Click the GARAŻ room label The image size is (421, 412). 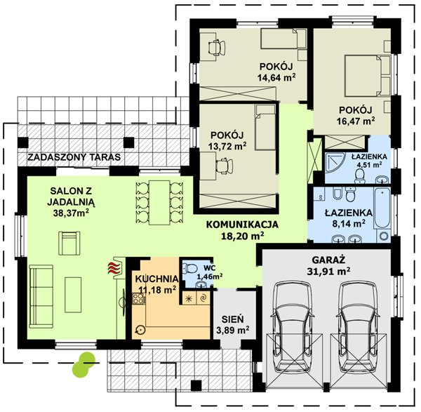pyautogui.click(x=328, y=260)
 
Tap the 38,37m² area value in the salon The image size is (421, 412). pyautogui.click(x=71, y=213)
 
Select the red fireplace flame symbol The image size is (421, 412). pyautogui.click(x=114, y=268)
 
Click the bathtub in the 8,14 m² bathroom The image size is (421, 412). pyautogui.click(x=382, y=208)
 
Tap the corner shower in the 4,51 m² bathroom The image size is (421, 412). pyautogui.click(x=335, y=164)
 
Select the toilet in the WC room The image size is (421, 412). pyautogui.click(x=190, y=268)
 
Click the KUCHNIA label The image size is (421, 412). pyautogui.click(x=156, y=279)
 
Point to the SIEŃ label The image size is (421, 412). pyautogui.click(x=233, y=319)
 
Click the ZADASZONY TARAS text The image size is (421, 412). pyautogui.click(x=74, y=157)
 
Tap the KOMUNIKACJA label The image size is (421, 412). pyautogui.click(x=242, y=225)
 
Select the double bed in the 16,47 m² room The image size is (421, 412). pyautogui.click(x=367, y=76)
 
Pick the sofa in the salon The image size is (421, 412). pyautogui.click(x=41, y=296)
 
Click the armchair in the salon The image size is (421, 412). pyautogui.click(x=69, y=244)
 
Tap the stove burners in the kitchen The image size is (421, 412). pyautogui.click(x=138, y=299)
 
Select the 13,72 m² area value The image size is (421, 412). pyautogui.click(x=227, y=147)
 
